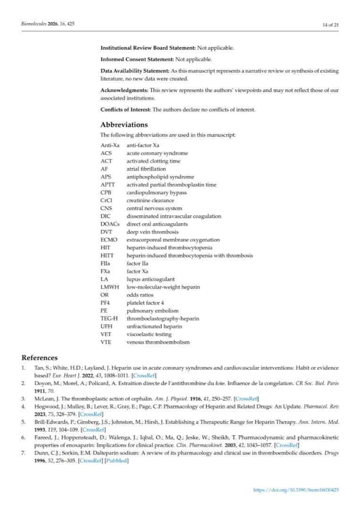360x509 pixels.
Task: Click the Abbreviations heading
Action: tap(124, 125)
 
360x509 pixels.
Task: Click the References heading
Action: tap(40, 357)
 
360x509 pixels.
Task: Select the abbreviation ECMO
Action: tap(109, 240)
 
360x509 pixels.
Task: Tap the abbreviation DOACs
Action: tap(110, 224)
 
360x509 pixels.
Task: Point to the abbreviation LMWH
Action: tap(110, 287)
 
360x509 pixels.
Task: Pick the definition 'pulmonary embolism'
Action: tap(152, 311)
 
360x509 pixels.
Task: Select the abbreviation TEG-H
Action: tap(109, 318)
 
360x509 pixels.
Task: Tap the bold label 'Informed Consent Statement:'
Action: tap(137, 59)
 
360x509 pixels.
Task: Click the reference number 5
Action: tap(24, 422)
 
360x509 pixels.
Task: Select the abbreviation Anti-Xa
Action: tap(110, 145)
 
